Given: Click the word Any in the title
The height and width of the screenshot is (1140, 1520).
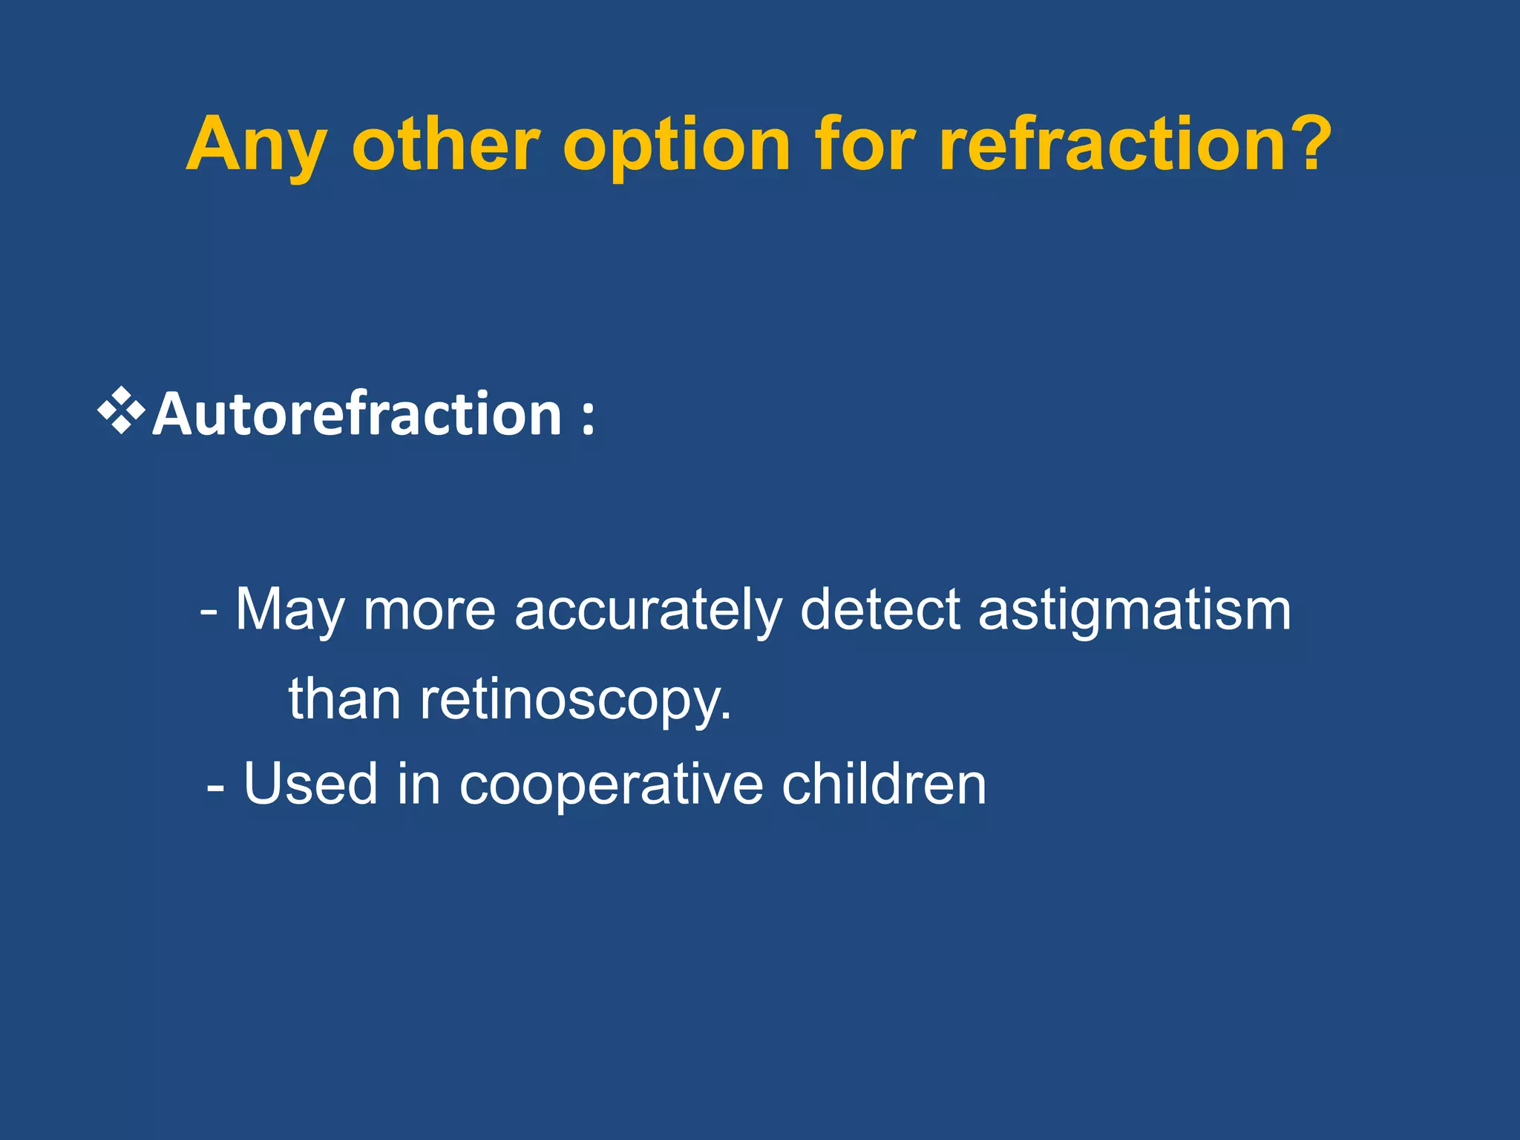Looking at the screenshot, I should pyautogui.click(x=255, y=146).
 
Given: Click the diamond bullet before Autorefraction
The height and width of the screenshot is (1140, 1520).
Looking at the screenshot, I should pyautogui.click(x=121, y=410).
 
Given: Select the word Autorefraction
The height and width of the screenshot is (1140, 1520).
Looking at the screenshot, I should pyautogui.click(x=356, y=413).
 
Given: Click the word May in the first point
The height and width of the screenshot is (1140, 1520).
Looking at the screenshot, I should pyautogui.click(x=290, y=611).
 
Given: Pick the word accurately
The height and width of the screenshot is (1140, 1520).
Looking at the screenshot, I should pyautogui.click(x=648, y=611).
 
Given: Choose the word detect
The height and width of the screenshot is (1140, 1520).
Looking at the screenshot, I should pyautogui.click(x=879, y=609).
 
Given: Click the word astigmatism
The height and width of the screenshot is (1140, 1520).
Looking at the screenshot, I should pyautogui.click(x=1135, y=609).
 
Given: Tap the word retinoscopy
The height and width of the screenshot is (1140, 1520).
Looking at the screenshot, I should pyautogui.click(x=575, y=700).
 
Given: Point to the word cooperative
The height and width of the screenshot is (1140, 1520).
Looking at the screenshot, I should pyautogui.click(x=611, y=784).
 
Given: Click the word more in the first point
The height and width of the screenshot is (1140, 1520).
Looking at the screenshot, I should pyautogui.click(x=429, y=611).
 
